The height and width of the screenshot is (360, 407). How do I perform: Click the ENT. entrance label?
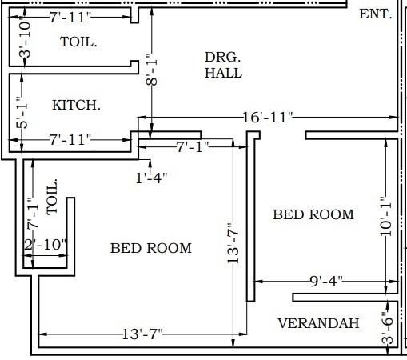tap(376, 14)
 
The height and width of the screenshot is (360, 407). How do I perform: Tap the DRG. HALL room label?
tap(223, 65)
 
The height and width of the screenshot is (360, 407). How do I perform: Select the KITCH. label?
tap(76, 105)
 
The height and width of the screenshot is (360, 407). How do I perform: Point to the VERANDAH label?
tap(318, 323)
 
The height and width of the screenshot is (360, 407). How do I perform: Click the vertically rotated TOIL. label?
tap(52, 197)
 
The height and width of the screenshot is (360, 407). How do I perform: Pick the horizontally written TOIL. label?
tap(78, 42)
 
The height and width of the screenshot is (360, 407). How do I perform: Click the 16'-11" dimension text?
tap(268, 118)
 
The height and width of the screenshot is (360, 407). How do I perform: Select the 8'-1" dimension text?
tap(152, 70)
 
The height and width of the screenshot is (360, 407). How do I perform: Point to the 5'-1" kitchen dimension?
tap(22, 113)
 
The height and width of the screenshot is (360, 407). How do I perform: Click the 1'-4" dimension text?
tap(151, 178)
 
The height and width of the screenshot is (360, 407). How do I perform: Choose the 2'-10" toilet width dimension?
tap(45, 244)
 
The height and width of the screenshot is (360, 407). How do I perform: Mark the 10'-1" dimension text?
tap(386, 217)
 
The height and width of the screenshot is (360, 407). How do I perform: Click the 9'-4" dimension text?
tap(326, 281)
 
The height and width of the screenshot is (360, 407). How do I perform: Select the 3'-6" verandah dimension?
tap(387, 328)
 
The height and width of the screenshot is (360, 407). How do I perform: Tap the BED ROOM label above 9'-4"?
tap(313, 214)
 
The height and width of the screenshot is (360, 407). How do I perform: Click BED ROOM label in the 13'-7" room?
tap(151, 248)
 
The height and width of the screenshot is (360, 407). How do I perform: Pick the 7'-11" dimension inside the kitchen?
tap(70, 140)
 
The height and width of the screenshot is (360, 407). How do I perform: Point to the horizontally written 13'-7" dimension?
tap(142, 334)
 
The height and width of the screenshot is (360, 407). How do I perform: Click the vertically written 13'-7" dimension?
tap(233, 243)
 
